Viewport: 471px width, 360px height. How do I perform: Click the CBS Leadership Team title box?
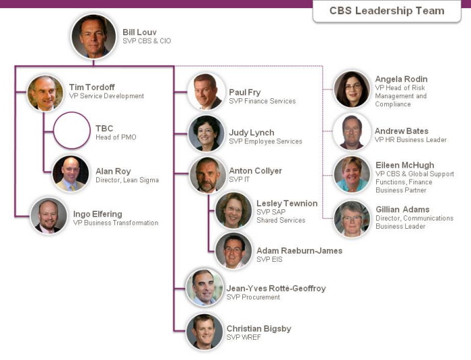pyautogui.click(x=387, y=11)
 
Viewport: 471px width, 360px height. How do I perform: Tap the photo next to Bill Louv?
pyautogui.click(x=94, y=36)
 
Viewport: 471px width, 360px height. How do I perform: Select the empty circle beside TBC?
pyautogui.click(x=72, y=131)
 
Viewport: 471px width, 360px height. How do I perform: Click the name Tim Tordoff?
pyautogui.click(x=92, y=87)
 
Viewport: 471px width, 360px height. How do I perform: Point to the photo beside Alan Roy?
pyautogui.click(x=71, y=174)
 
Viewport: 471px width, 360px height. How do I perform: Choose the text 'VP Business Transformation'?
pyautogui.click(x=116, y=223)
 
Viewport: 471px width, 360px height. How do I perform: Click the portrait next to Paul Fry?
pyautogui.click(x=206, y=92)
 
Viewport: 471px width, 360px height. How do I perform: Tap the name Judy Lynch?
pyautogui.click(x=252, y=133)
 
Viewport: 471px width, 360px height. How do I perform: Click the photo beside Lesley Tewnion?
pyautogui.click(x=233, y=210)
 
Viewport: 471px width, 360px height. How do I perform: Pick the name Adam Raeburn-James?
pyautogui.click(x=299, y=250)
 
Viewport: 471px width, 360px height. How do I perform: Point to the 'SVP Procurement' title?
pyautogui.click(x=253, y=297)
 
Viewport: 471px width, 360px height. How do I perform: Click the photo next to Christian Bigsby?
pyautogui.click(x=205, y=332)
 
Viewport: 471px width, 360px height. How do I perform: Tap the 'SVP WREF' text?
pyautogui.click(x=244, y=338)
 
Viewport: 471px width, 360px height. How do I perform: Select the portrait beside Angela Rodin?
pyautogui.click(x=352, y=89)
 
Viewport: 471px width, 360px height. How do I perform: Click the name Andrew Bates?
pyautogui.click(x=402, y=131)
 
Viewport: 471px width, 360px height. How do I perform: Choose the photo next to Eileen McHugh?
pyautogui.click(x=352, y=174)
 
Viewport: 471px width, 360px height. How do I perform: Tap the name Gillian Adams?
pyautogui.click(x=402, y=209)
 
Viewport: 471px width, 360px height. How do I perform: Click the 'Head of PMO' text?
pyautogui.click(x=116, y=137)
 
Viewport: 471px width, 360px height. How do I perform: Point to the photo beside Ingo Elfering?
pyautogui.click(x=48, y=216)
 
